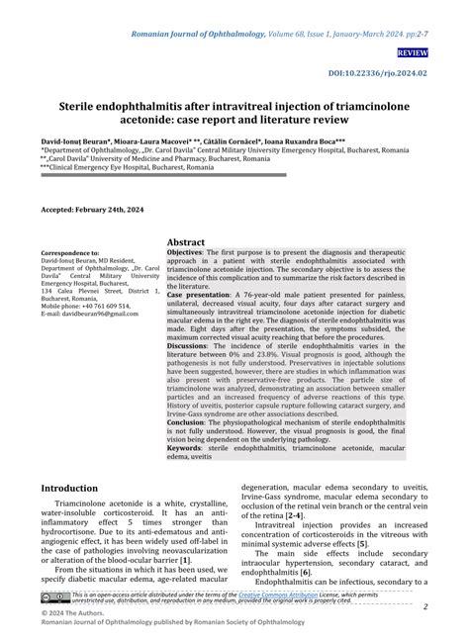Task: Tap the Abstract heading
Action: [186, 242]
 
